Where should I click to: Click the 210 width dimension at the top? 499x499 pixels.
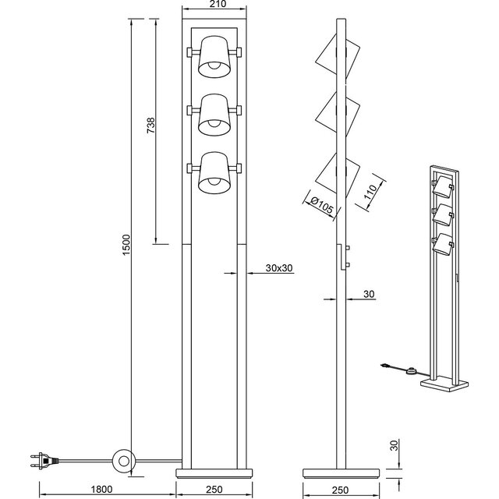207,6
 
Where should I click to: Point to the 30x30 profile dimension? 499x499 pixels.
278,268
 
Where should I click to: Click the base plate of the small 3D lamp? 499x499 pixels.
446,384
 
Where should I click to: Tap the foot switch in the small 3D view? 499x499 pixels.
411,372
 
